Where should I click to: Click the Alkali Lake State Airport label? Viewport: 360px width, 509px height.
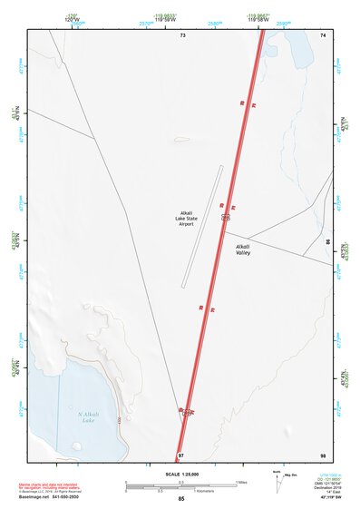click(192, 219)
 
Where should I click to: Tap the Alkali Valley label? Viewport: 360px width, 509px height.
click(242, 250)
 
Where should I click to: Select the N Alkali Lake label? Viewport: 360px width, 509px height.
click(88, 416)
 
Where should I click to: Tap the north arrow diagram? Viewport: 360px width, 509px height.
click(276, 483)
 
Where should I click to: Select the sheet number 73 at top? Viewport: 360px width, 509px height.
click(182, 34)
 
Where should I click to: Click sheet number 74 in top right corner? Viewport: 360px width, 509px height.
click(322, 34)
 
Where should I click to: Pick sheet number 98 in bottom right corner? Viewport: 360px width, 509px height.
click(322, 454)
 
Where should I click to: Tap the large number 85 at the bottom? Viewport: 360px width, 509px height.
click(181, 500)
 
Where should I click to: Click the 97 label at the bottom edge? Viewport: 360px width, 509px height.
click(181, 454)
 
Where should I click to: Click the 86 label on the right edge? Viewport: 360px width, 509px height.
click(328, 241)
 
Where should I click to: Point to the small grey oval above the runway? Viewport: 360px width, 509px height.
click(182, 140)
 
